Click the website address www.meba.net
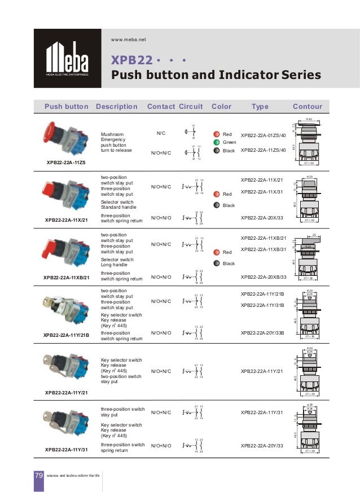click(129, 39)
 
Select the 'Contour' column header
click(307, 106)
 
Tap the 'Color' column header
click(221, 106)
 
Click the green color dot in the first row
click(217, 143)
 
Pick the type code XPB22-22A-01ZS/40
click(264, 136)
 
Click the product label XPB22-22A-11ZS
click(66, 162)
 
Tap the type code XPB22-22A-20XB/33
click(264, 277)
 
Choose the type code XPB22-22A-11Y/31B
click(262, 305)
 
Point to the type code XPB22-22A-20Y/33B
click(264, 333)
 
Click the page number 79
click(39, 476)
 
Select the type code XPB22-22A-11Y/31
click(261, 412)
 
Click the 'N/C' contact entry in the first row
click(161, 134)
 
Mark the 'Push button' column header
click(66, 106)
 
